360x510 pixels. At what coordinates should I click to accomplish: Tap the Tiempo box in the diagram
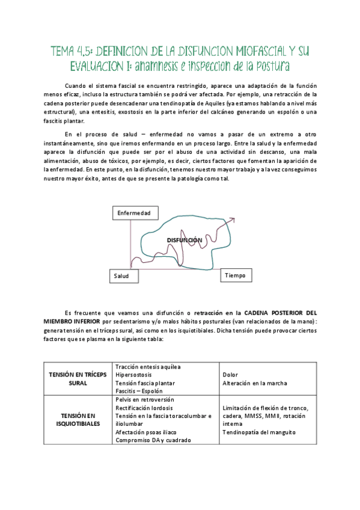tap(236, 275)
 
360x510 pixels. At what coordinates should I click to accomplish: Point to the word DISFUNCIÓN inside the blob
tap(184, 240)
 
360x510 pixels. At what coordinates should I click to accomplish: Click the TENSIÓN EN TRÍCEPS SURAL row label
tap(78, 378)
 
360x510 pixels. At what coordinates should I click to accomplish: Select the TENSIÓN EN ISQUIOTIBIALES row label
tap(78, 420)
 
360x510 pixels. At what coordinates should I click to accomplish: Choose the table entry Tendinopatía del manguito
tap(259, 432)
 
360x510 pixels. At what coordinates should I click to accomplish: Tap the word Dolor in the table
tap(230, 374)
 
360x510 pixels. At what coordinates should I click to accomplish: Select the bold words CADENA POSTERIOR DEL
tap(277, 313)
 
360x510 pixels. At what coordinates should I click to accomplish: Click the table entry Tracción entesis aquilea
tap(148, 366)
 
